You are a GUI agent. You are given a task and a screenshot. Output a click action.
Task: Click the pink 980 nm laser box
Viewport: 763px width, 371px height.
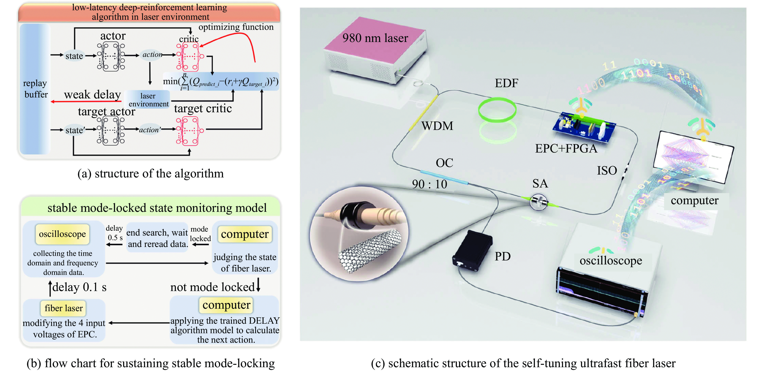(x=375, y=44)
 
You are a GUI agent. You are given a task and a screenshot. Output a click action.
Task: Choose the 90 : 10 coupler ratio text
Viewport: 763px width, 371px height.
(x=430, y=184)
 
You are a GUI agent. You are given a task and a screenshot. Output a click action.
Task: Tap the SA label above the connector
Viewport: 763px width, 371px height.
(x=540, y=184)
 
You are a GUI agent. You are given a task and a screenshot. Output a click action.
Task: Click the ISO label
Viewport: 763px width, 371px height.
(x=607, y=171)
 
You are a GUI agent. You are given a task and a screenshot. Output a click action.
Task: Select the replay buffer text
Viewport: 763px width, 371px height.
(x=36, y=89)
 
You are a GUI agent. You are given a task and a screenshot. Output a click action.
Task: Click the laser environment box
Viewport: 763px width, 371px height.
(x=148, y=100)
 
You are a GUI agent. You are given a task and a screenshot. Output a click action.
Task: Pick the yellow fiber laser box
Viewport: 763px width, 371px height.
(x=63, y=308)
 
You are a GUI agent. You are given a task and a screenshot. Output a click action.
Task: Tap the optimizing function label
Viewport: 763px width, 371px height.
(x=236, y=27)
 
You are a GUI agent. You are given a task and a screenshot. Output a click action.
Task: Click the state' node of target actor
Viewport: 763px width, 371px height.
(x=75, y=130)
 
